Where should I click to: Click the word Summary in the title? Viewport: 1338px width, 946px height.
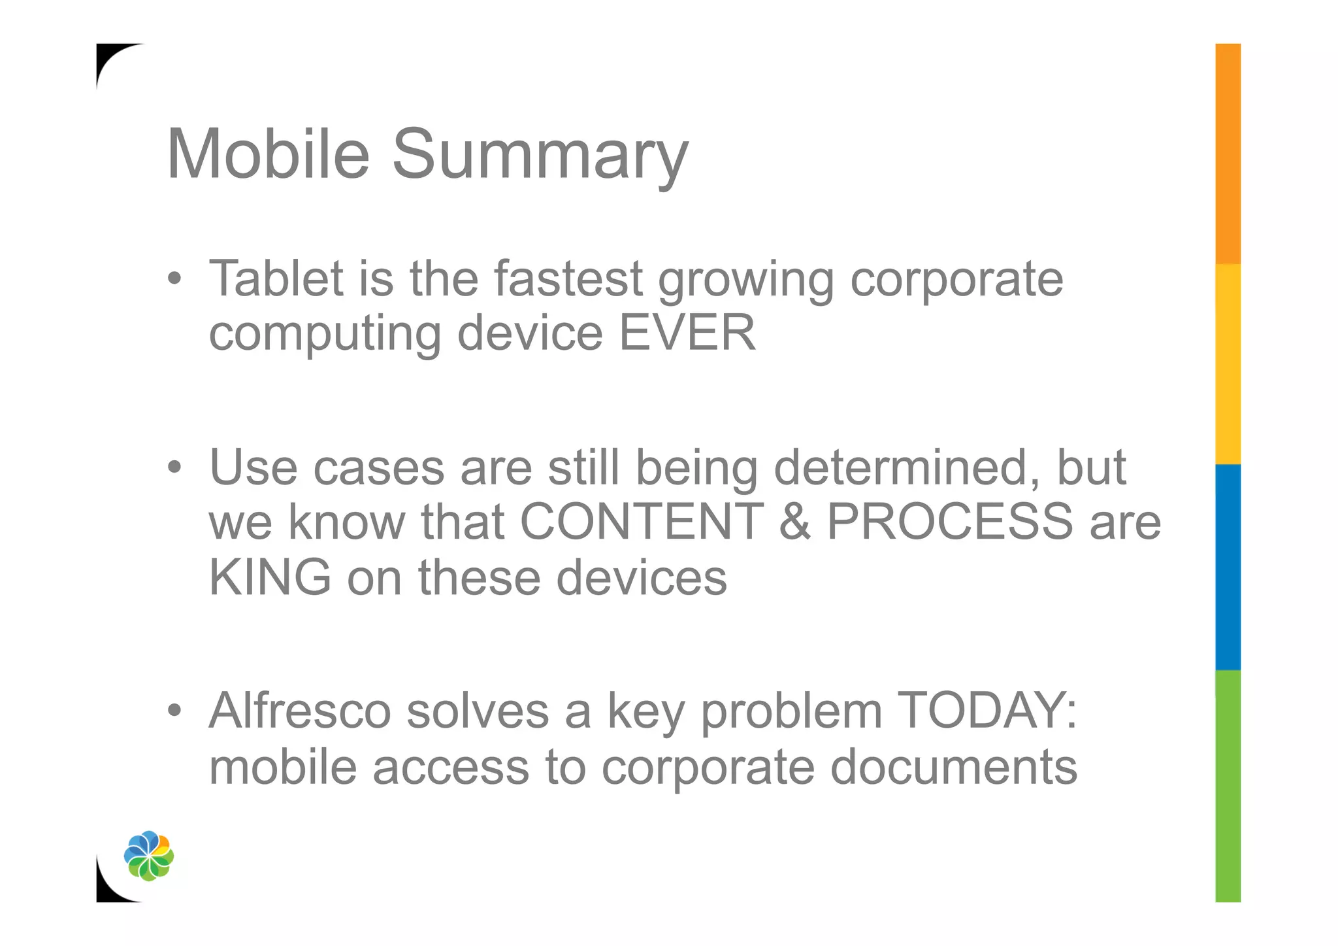[540, 157]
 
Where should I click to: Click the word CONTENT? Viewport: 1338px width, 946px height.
[642, 522]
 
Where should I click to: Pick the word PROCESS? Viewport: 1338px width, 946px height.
[949, 522]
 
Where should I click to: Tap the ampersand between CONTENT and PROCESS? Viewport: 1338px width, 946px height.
[795, 522]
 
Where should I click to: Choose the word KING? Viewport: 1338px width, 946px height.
[270, 577]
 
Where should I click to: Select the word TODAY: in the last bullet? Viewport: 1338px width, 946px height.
[987, 711]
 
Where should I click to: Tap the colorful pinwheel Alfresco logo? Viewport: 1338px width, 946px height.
[149, 856]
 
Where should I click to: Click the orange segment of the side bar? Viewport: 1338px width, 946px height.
[1228, 154]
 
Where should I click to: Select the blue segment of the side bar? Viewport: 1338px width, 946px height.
[1228, 567]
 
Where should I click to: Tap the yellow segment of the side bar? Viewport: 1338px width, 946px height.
[1228, 364]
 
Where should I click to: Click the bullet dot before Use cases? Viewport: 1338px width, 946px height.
[174, 467]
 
